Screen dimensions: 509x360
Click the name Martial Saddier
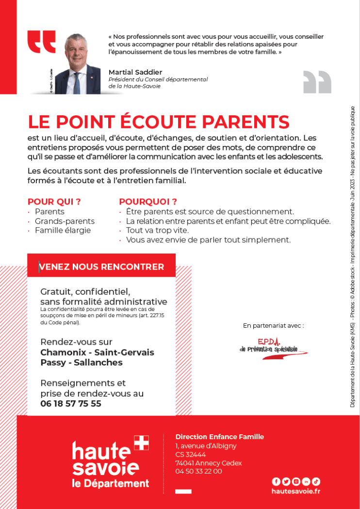pyautogui.click(x=135, y=72)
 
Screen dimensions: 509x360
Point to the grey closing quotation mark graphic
pyautogui.click(x=317, y=81)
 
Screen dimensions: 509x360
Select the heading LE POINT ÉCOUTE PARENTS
pyautogui.click(x=159, y=122)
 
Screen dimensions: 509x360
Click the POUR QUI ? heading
pyautogui.click(x=54, y=202)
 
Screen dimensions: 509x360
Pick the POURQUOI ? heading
pyautogui.click(x=148, y=202)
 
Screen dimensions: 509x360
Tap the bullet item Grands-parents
pyautogui.click(x=65, y=221)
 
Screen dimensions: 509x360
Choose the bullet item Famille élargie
pyautogui.click(x=63, y=230)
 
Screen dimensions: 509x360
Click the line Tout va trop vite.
pyautogui.click(x=157, y=230)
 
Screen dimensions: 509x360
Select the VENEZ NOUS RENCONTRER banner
pyautogui.click(x=101, y=267)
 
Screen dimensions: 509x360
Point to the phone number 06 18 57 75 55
pyautogui.click(x=71, y=403)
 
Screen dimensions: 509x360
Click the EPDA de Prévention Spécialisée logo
pyautogui.click(x=274, y=349)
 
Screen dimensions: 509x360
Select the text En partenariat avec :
pyautogui.click(x=273, y=326)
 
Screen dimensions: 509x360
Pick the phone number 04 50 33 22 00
pyautogui.click(x=198, y=471)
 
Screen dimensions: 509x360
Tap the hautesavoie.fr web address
pyautogui.click(x=296, y=491)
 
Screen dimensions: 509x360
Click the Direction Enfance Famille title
pyautogui.click(x=219, y=437)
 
